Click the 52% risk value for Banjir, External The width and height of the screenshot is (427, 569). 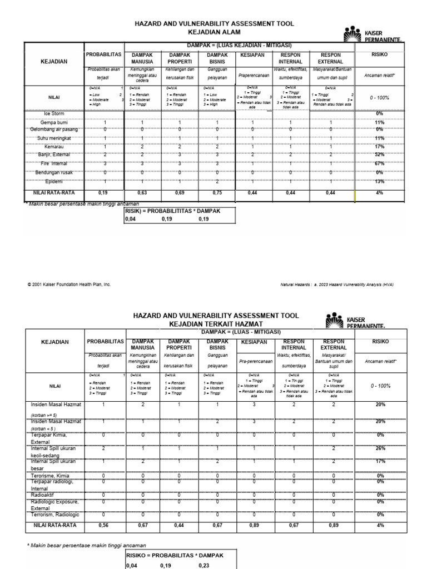[379, 154]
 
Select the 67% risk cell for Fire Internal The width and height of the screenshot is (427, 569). [379, 163]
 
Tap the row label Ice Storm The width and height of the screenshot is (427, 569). [54, 113]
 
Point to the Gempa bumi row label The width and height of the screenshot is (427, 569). [54, 122]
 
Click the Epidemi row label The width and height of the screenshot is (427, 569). [54, 181]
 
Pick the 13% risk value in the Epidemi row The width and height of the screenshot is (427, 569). [379, 181]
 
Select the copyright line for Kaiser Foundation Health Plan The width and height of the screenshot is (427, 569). [69, 284]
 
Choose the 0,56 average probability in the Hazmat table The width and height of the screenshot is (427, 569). [103, 525]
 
